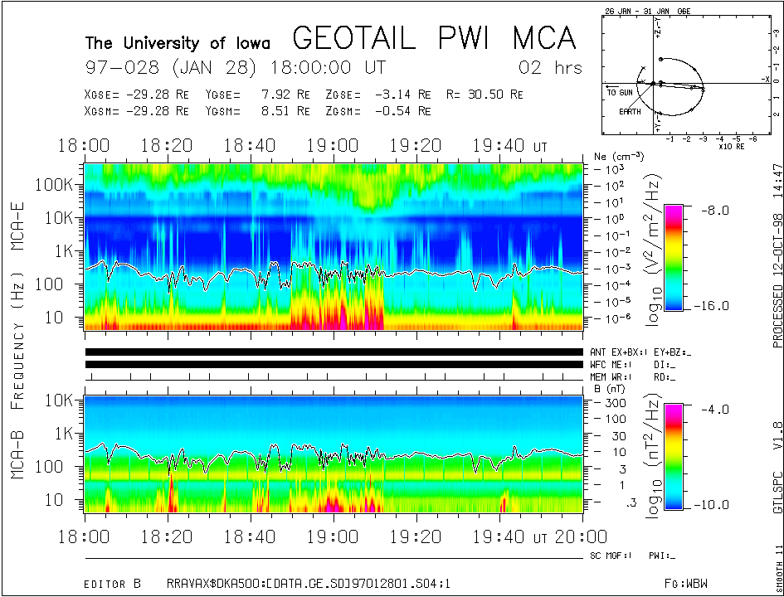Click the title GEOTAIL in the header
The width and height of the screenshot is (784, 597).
(x=355, y=38)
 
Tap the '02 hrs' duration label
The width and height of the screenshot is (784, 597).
(x=550, y=67)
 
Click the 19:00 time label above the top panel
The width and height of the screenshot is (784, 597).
(x=333, y=146)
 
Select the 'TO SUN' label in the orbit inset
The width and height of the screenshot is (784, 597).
(x=620, y=92)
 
